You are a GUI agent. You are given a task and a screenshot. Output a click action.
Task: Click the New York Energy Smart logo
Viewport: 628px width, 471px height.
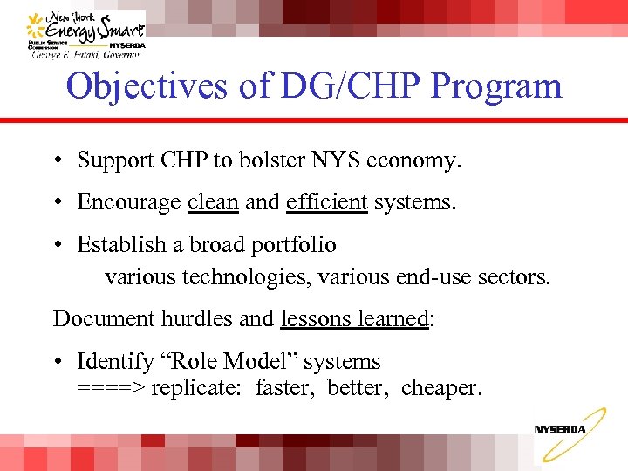85,32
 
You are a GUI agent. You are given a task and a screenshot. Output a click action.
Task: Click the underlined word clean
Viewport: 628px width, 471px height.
213,202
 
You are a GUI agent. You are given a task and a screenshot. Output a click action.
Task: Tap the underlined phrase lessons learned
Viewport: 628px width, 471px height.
354,319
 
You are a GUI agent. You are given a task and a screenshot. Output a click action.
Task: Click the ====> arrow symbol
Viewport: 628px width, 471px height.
111,387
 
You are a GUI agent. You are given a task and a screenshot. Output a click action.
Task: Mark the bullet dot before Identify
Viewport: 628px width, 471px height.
55,362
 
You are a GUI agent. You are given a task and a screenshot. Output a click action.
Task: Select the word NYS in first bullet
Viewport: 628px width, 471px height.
338,161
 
